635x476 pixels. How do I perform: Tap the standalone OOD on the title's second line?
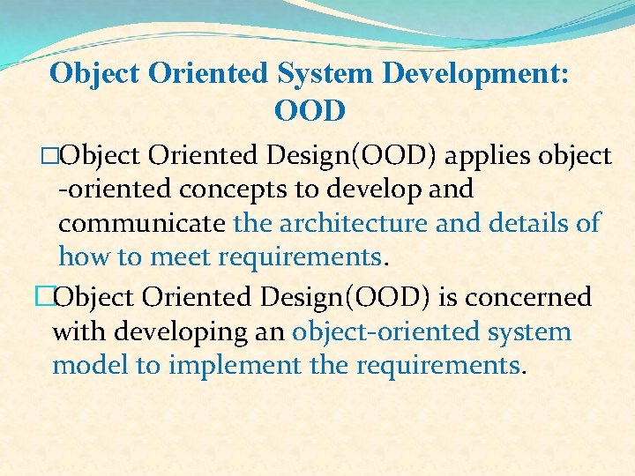[310, 112]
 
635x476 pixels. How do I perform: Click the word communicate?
[142, 223]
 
